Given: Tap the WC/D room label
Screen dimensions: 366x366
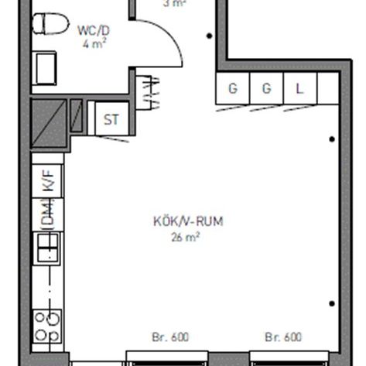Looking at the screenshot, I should click(x=93, y=31).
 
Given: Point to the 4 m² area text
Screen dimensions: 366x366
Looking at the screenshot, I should click(x=94, y=45).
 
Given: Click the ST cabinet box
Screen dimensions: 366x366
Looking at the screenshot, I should click(x=111, y=119).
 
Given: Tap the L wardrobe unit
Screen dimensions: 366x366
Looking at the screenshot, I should click(x=300, y=88).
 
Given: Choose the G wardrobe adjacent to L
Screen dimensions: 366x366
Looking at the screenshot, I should click(x=267, y=88).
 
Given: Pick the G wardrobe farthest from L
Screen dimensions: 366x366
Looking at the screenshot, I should click(x=233, y=88).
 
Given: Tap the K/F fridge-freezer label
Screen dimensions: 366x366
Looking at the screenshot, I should click(x=48, y=183).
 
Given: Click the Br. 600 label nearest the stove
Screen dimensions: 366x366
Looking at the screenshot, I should click(x=169, y=337).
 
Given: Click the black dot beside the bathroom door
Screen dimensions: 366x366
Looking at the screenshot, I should click(x=208, y=36).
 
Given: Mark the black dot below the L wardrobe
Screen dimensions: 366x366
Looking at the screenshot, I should click(x=332, y=139).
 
